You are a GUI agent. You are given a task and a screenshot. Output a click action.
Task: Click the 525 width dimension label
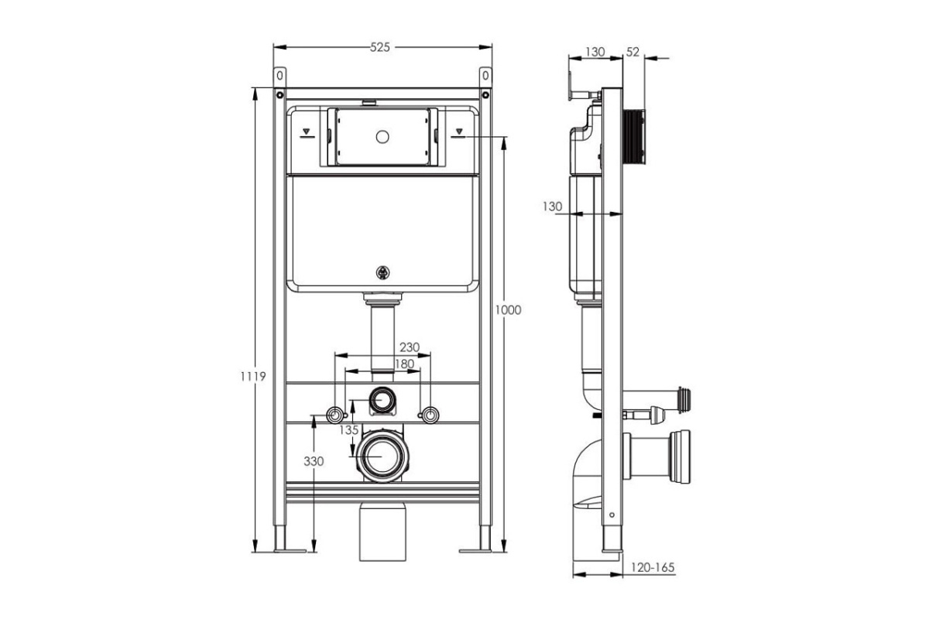pyautogui.click(x=379, y=48)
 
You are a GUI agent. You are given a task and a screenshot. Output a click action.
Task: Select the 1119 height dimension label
pyautogui.click(x=253, y=377)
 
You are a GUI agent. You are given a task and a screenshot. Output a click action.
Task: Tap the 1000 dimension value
pyautogui.click(x=509, y=310)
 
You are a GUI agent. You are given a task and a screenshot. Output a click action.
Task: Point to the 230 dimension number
pyautogui.click(x=410, y=347)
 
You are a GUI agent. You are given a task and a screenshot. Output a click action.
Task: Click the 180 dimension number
pyautogui.click(x=404, y=364)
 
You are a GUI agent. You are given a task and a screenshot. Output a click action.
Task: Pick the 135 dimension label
pyautogui.click(x=348, y=430)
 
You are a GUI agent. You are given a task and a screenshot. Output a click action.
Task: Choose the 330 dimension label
pyautogui.click(x=314, y=461)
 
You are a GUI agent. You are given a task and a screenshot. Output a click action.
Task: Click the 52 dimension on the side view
pyautogui.click(x=633, y=52)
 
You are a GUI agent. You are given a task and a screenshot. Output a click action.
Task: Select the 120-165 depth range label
pyautogui.click(x=653, y=567)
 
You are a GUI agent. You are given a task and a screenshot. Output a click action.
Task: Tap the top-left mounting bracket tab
pyautogui.click(x=280, y=77)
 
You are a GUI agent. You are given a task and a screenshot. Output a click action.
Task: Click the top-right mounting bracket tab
pyautogui.click(x=485, y=77)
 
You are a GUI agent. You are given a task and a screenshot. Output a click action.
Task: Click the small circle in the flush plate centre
pyautogui.click(x=382, y=137)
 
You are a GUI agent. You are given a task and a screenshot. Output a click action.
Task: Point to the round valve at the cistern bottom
pyautogui.click(x=382, y=272)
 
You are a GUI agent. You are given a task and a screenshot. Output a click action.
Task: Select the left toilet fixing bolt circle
pyautogui.click(x=334, y=415)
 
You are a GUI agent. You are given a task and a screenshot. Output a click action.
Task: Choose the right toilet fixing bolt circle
pyautogui.click(x=431, y=415)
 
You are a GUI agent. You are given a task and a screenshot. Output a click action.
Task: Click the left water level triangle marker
pyautogui.click(x=307, y=132)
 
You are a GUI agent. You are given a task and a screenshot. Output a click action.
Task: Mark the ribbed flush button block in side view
pyautogui.click(x=634, y=137)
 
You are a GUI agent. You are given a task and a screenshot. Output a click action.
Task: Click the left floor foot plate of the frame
pyautogui.click(x=290, y=551)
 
